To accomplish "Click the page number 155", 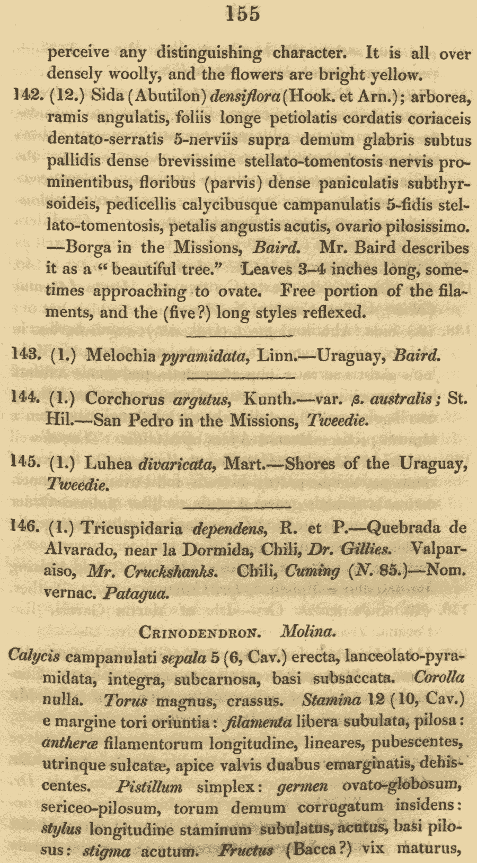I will coord(243,14).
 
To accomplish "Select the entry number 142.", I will coord(26,95).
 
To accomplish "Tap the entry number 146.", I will coord(25,527).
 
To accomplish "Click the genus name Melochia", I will coord(121,355).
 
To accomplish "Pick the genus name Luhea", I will coord(108,464).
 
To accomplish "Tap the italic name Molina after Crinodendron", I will coord(308,632).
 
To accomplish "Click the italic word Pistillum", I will coord(149,787).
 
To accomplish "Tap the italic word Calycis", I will coord(34,656).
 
